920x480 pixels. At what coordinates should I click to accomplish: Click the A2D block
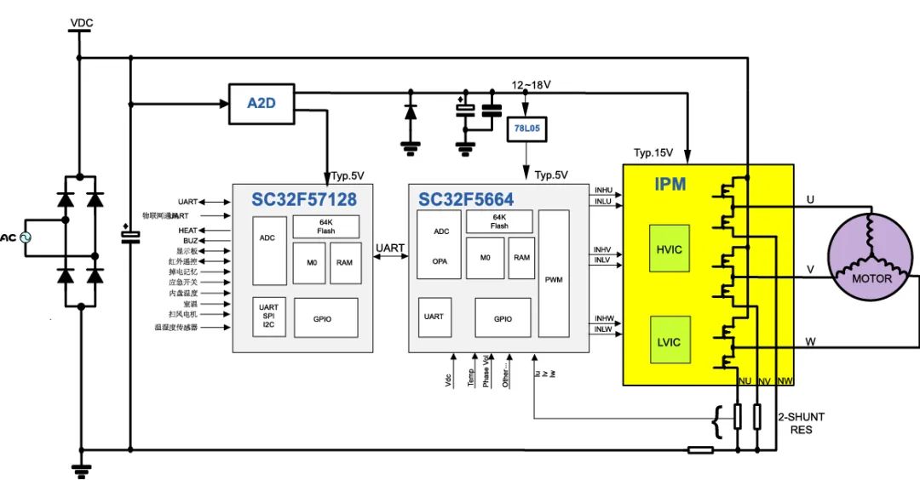point(259,103)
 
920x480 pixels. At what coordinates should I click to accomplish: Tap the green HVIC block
point(670,249)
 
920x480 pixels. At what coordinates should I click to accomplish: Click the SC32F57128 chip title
point(303,200)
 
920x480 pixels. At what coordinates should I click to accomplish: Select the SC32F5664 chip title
point(466,200)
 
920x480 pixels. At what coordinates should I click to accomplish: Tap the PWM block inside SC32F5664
point(554,278)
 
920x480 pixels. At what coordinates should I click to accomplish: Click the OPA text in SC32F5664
point(440,261)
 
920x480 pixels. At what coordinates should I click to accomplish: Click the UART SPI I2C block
point(268,317)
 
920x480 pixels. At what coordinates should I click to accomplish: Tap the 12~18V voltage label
point(531,85)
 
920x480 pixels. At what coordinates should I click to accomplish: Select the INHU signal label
point(604,191)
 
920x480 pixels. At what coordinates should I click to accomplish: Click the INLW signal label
point(604,329)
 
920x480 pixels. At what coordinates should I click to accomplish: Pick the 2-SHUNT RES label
point(801,423)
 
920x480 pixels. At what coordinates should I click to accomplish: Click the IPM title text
point(670,184)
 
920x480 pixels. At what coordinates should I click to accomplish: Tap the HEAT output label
point(187,231)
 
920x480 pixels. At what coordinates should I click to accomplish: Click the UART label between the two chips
point(391,248)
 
